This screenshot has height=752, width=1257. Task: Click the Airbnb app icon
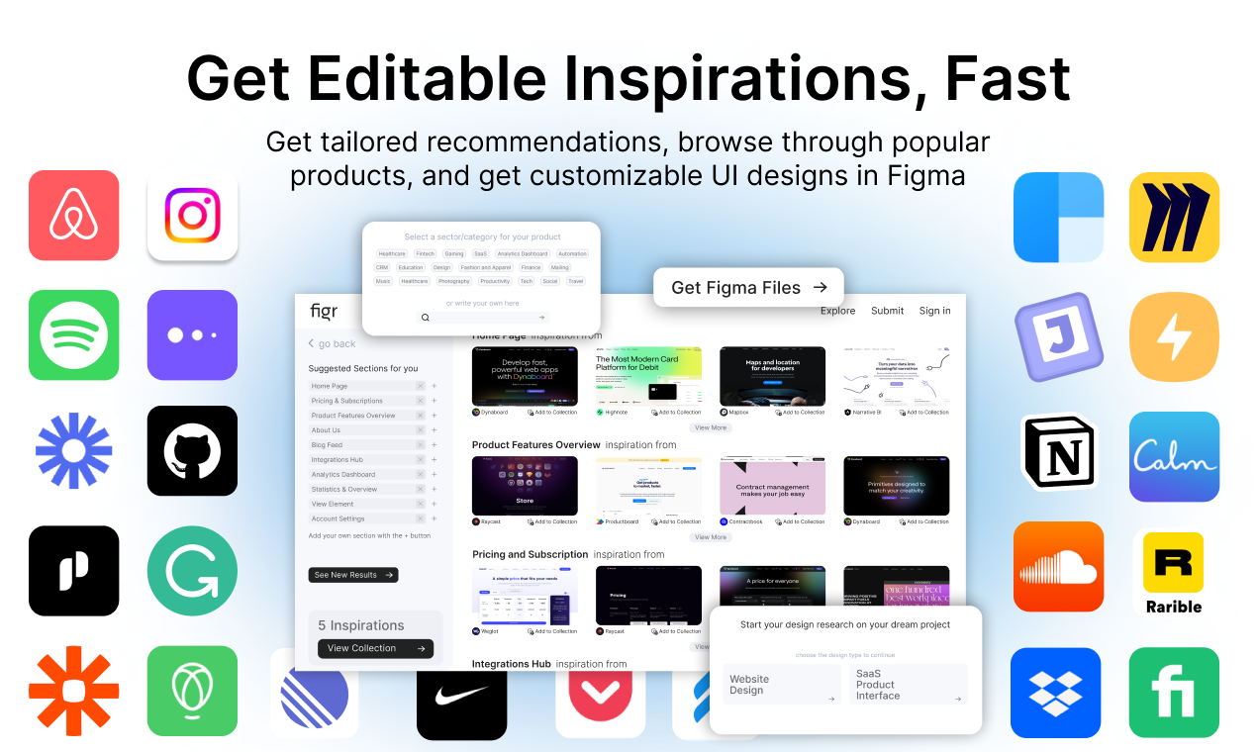(73, 215)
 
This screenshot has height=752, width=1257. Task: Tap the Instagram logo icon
(192, 215)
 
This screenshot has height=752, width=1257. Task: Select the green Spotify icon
(73, 334)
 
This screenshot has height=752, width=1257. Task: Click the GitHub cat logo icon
(192, 450)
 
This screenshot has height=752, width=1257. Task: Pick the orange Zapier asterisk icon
(73, 691)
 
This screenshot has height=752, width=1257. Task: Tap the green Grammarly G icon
(192, 571)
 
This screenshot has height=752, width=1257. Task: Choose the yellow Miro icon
(1174, 217)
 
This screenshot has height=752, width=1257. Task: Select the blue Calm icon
(1174, 456)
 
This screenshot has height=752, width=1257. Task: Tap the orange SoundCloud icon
(1057, 567)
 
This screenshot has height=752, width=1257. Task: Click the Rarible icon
(1174, 573)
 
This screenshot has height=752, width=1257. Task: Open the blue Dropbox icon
(1055, 693)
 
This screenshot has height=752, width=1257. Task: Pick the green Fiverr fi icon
(1174, 693)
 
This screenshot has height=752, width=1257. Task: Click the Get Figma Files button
(748, 288)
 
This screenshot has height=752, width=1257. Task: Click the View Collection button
(375, 648)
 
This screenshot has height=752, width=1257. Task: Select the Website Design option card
(781, 685)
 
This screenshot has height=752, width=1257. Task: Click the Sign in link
(934, 311)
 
